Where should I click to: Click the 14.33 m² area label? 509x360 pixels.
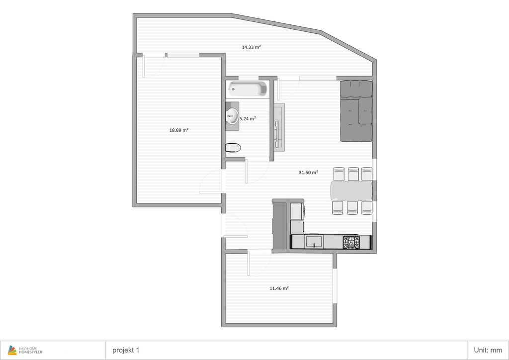pos(251,47)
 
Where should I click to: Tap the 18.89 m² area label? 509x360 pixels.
pos(179,130)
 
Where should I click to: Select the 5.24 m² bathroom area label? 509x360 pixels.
pos(248,119)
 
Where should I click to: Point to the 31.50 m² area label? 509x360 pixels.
pos(308,173)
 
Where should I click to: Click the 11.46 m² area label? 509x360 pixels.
pos(279,288)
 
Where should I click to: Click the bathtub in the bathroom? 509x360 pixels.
pos(248,89)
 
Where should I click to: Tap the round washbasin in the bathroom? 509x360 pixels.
pos(232,116)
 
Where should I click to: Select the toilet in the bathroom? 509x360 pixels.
pos(233,148)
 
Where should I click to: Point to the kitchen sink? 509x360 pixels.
pos(314,242)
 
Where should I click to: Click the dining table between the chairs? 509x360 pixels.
pos(351,191)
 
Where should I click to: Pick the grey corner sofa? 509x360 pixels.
pos(356,111)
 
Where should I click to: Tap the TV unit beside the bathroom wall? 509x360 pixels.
pos(279,127)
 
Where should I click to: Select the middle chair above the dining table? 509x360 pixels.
pos(353,174)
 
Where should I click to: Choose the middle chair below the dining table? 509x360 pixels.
pos(352,208)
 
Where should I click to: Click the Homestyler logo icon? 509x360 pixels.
pos(12,350)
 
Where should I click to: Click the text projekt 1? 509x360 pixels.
pos(126,350)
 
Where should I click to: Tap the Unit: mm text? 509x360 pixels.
pos(488,350)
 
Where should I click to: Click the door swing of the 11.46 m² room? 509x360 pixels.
pos(259,263)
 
